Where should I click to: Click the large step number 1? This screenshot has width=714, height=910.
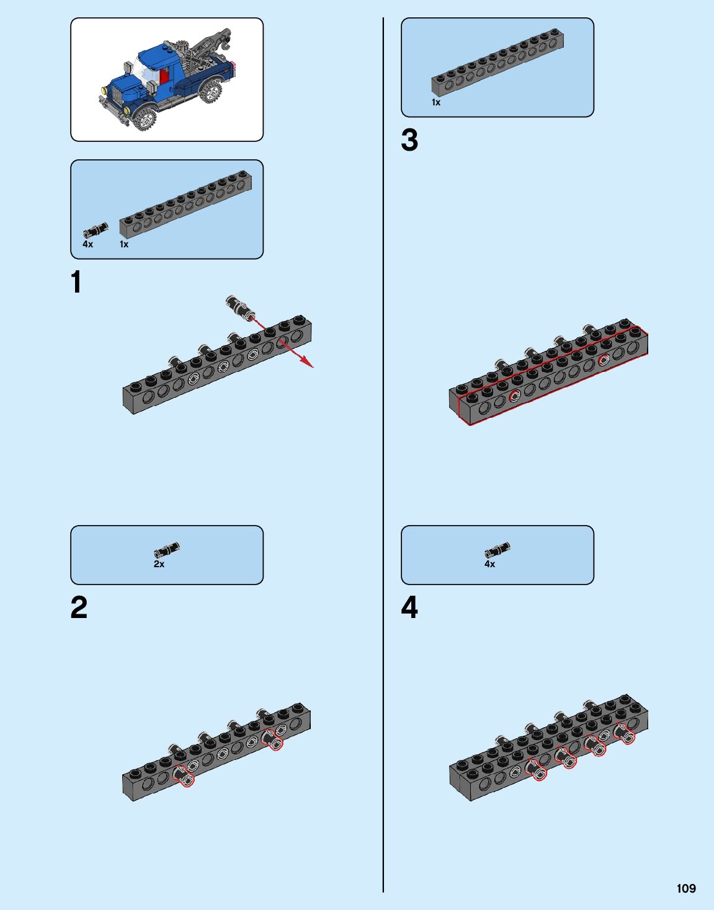pyautogui.click(x=76, y=282)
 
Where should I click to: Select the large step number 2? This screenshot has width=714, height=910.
pyautogui.click(x=79, y=607)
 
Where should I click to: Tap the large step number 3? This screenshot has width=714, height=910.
pyautogui.click(x=409, y=140)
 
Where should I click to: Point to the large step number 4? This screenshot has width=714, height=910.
pyautogui.click(x=409, y=607)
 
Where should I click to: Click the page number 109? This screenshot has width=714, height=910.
pyautogui.click(x=686, y=888)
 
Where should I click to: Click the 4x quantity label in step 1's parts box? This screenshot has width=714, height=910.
pyautogui.click(x=88, y=245)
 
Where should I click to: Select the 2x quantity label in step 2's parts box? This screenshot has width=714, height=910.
pyautogui.click(x=159, y=565)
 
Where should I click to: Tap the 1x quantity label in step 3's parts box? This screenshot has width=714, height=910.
pyautogui.click(x=436, y=103)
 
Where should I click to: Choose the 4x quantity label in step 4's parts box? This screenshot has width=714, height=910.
pyautogui.click(x=490, y=565)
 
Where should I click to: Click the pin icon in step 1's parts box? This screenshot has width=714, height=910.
pyautogui.click(x=96, y=231)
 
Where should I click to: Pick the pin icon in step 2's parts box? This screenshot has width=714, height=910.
pyautogui.click(x=167, y=550)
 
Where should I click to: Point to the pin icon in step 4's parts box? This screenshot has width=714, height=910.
pyautogui.click(x=498, y=550)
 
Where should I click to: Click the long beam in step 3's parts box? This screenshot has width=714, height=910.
pyautogui.click(x=498, y=63)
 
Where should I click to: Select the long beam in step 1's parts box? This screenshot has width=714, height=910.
pyautogui.click(x=185, y=205)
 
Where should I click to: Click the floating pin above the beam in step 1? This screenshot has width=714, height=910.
pyautogui.click(x=239, y=307)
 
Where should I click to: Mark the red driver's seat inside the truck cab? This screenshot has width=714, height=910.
pyautogui.click(x=164, y=76)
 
